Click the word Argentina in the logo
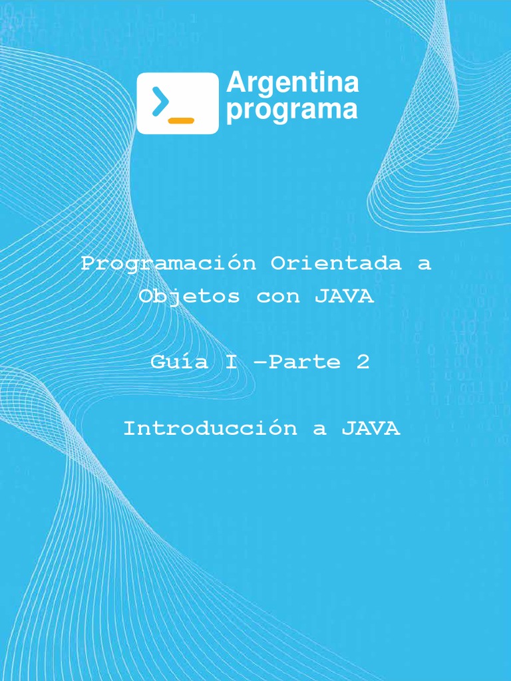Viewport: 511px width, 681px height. tap(292, 84)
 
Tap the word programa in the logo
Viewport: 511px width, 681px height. tap(291, 110)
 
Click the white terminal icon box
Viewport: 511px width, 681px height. tap(178, 103)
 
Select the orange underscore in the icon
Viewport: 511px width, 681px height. tap(181, 120)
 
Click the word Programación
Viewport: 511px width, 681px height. tap(168, 263)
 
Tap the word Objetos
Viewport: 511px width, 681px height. tap(189, 297)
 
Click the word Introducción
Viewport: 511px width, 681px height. tap(211, 428)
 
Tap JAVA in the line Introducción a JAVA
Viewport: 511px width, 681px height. tap(371, 428)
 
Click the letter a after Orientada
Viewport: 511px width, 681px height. tap(424, 264)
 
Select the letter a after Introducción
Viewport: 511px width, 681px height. tap(320, 430)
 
